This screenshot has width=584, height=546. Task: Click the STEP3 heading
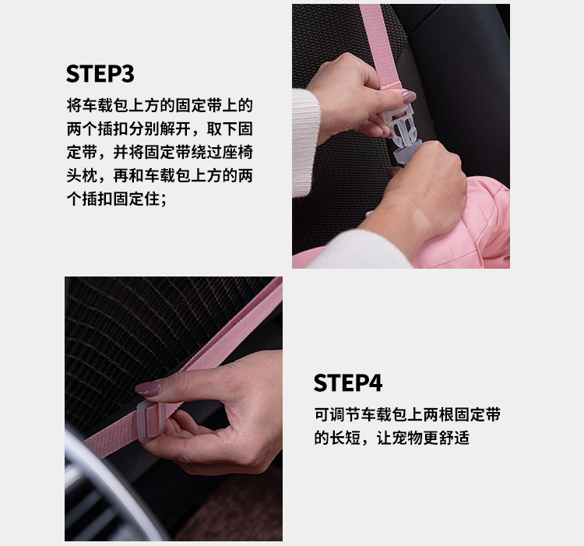click(x=100, y=73)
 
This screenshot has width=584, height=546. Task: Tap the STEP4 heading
click(x=347, y=383)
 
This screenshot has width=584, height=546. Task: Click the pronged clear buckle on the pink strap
click(x=401, y=128)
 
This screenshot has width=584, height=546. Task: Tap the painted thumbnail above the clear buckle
click(x=408, y=97)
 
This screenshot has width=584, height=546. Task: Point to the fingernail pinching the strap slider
click(x=148, y=389)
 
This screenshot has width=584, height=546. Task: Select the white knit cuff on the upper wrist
click(x=305, y=142)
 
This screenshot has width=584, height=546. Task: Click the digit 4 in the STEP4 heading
click(x=375, y=383)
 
